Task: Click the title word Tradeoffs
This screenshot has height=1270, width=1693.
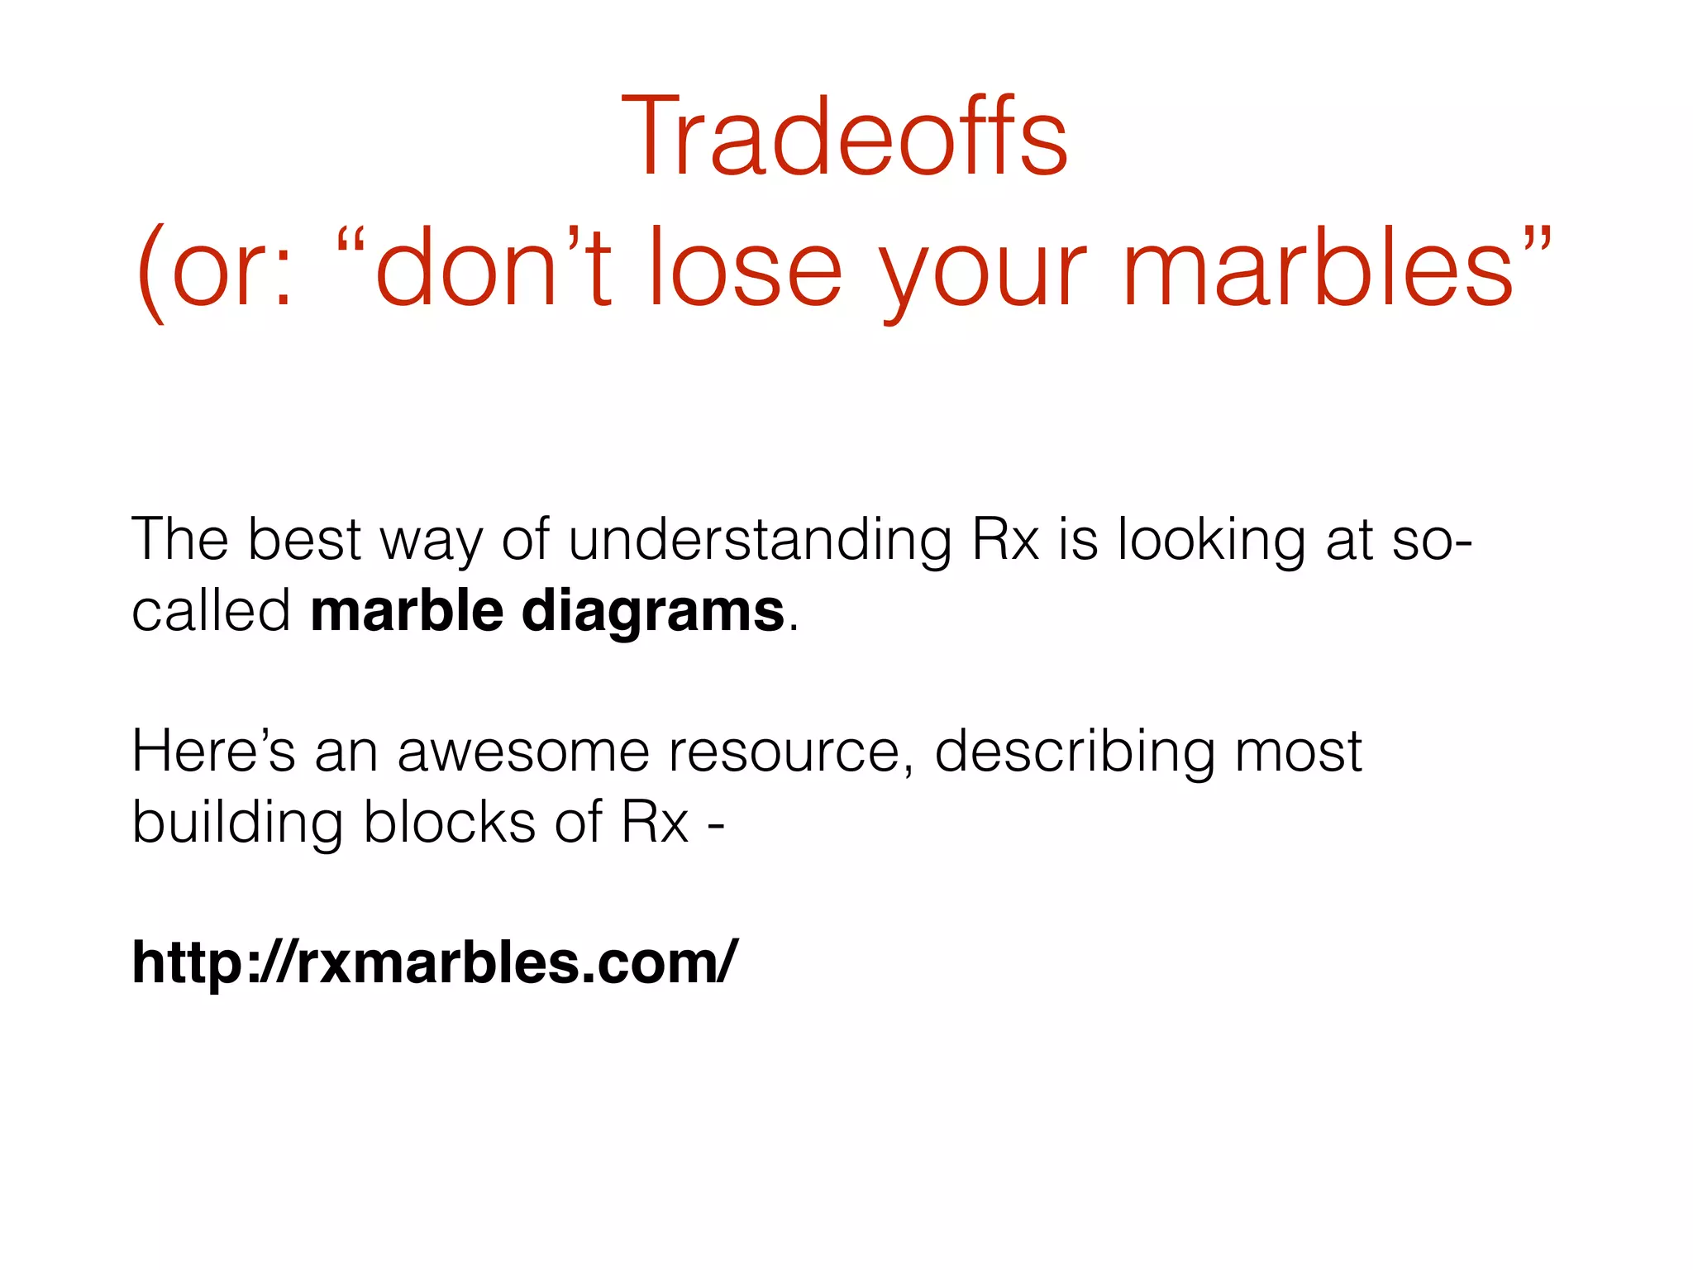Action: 845,136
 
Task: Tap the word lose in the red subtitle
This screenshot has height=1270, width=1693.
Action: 745,269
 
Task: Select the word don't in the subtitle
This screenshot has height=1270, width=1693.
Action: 494,269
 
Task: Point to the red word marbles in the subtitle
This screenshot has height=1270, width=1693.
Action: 1319,269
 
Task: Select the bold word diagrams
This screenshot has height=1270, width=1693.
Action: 653,613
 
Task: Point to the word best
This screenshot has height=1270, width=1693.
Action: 304,539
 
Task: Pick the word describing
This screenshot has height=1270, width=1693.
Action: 1075,752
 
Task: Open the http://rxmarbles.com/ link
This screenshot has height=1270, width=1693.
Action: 434,962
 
